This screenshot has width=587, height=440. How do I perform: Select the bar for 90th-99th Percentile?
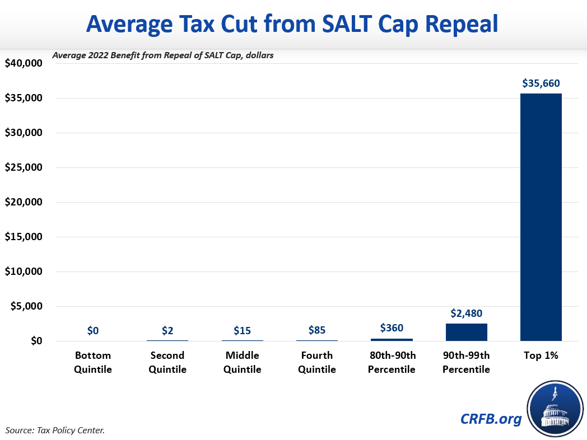point(466,332)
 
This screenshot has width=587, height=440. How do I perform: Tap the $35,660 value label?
point(541,83)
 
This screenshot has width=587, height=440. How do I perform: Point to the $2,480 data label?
point(466,313)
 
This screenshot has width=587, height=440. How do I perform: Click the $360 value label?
point(392,328)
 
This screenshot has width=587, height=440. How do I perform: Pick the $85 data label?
point(317,330)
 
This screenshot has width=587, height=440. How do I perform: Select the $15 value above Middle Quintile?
point(242,330)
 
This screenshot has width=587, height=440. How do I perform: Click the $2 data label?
point(167,330)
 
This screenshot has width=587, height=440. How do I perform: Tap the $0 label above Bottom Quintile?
point(93,330)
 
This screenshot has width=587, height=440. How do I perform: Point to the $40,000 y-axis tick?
point(24,63)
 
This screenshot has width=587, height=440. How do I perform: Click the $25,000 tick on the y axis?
point(24,167)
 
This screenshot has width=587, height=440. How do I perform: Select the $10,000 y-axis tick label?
point(24,272)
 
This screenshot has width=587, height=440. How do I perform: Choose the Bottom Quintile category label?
point(93,362)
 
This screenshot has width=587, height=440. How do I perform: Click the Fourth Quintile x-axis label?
point(317,362)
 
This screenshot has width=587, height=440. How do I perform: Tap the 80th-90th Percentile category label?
point(392,362)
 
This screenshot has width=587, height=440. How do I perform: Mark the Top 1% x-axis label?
point(541,355)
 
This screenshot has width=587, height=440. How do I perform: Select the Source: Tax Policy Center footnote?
point(55,430)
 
